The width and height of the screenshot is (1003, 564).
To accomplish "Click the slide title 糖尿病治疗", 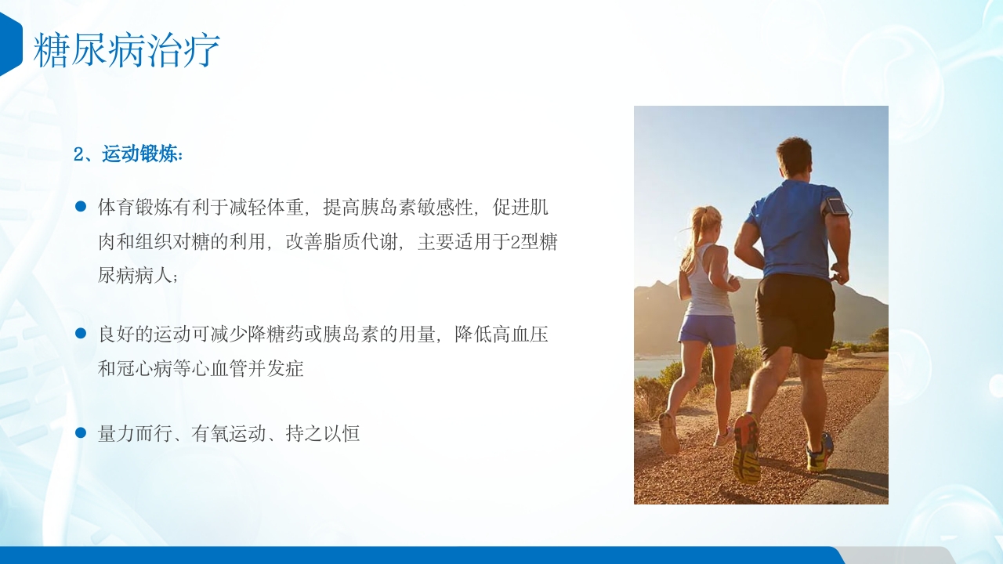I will click(126, 50).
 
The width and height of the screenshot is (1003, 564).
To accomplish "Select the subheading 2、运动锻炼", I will click(129, 154).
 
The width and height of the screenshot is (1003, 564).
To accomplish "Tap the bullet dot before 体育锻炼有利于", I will click(80, 207).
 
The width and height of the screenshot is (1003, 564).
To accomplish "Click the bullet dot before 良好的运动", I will click(80, 333).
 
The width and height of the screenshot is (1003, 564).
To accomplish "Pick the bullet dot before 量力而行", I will click(80, 432).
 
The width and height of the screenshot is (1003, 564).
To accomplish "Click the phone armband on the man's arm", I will click(836, 207).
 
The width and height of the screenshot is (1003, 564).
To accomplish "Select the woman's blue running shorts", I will click(707, 329).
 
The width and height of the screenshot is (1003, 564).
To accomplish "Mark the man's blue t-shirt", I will click(791, 227).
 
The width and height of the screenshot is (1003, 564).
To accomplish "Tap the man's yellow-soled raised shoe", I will click(746, 450).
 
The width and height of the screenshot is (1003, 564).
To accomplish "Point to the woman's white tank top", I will click(708, 286).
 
